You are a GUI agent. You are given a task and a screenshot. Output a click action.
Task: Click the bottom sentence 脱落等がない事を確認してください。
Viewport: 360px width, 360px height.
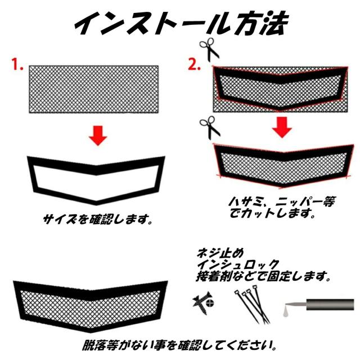[x=179, y=343]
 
